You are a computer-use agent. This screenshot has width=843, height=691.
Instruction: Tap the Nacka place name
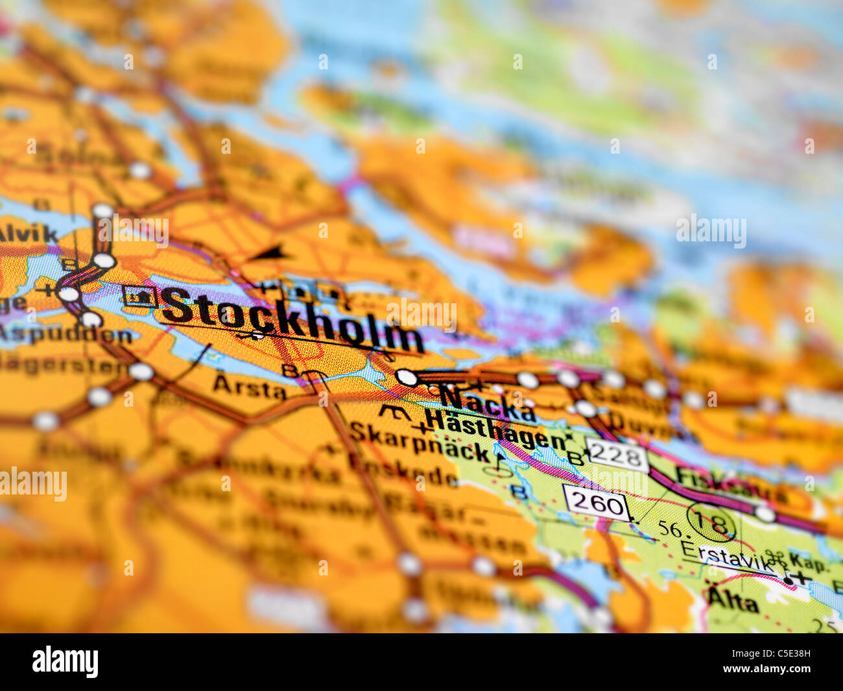pos(488,402)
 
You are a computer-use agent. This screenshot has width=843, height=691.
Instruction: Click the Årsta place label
pos(250,387)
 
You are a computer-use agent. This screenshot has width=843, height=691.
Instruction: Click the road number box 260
pos(597,503)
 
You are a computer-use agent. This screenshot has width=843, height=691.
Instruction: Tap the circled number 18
pos(711,523)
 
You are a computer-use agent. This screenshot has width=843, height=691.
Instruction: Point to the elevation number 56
pos(669,529)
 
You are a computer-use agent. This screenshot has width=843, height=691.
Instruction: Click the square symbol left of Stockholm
pos(139,296)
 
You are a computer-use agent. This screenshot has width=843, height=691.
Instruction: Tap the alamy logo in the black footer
pos(65,661)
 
